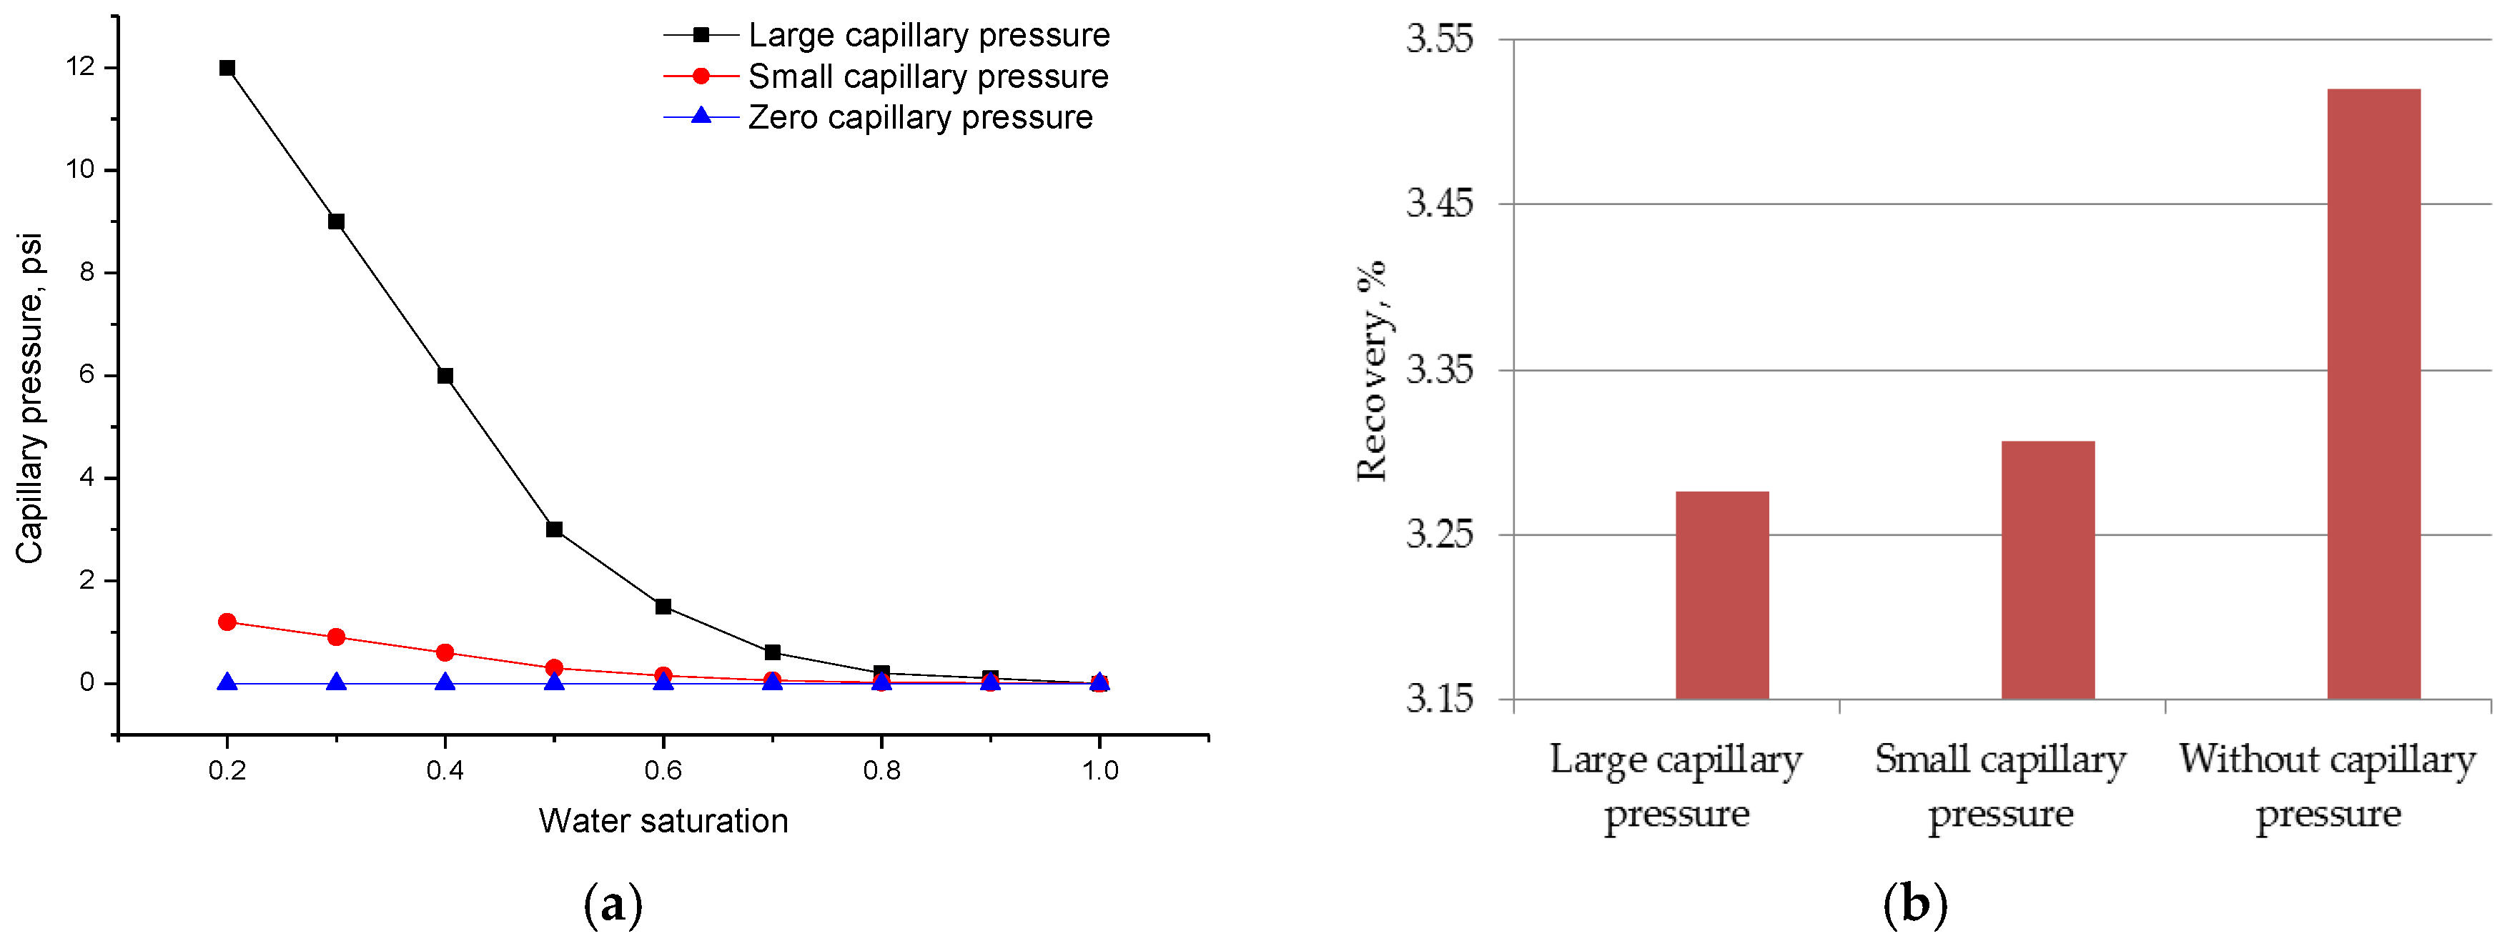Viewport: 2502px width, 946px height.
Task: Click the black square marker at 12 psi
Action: pyautogui.click(x=227, y=68)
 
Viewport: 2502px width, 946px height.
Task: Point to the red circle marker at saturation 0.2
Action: pyautogui.click(x=227, y=622)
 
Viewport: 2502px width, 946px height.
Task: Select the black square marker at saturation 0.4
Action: pyautogui.click(x=445, y=376)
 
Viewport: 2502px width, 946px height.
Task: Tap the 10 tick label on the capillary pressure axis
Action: pyautogui.click(x=81, y=170)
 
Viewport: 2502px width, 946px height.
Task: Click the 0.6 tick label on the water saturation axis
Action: pyautogui.click(x=663, y=770)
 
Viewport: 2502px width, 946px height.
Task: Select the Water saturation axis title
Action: pyautogui.click(x=663, y=821)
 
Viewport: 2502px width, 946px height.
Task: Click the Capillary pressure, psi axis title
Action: pyautogui.click(x=29, y=398)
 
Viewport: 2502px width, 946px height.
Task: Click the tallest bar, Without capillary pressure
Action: pyautogui.click(x=2374, y=394)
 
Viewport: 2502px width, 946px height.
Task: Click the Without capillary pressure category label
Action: pyautogui.click(x=2327, y=785)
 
